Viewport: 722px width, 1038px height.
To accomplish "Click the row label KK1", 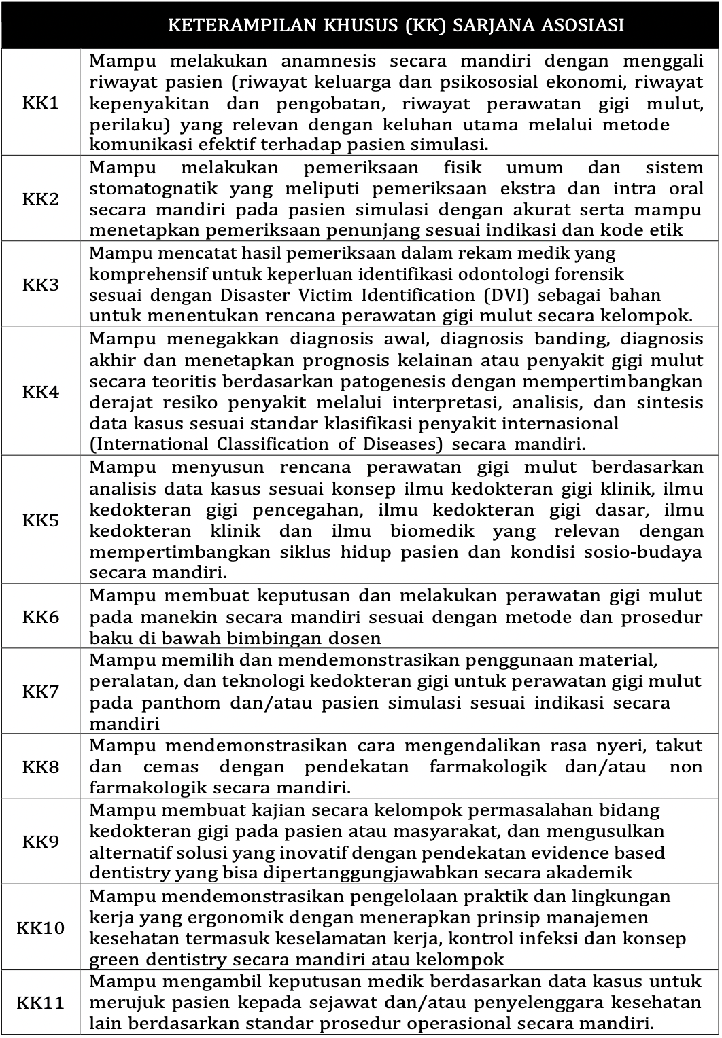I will [x=41, y=103].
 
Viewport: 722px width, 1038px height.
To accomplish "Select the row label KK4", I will [x=41, y=392].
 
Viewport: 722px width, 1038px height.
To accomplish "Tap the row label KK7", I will [x=41, y=692].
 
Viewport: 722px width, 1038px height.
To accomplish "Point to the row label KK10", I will [x=41, y=927].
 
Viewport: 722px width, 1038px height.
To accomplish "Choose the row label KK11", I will [x=41, y=1002].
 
